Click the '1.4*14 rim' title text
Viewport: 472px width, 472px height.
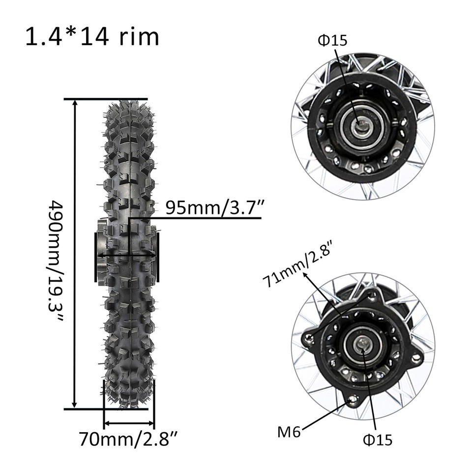[92, 37]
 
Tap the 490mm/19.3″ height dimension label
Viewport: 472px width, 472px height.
[57, 261]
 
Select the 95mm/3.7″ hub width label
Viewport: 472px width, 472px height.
[213, 207]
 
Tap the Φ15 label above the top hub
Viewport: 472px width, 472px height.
[332, 40]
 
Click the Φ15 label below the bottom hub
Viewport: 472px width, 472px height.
[378, 439]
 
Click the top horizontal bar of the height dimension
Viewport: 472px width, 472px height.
[105, 99]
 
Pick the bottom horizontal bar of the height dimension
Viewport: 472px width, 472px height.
[105, 408]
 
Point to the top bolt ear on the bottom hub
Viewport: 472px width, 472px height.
[372, 295]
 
